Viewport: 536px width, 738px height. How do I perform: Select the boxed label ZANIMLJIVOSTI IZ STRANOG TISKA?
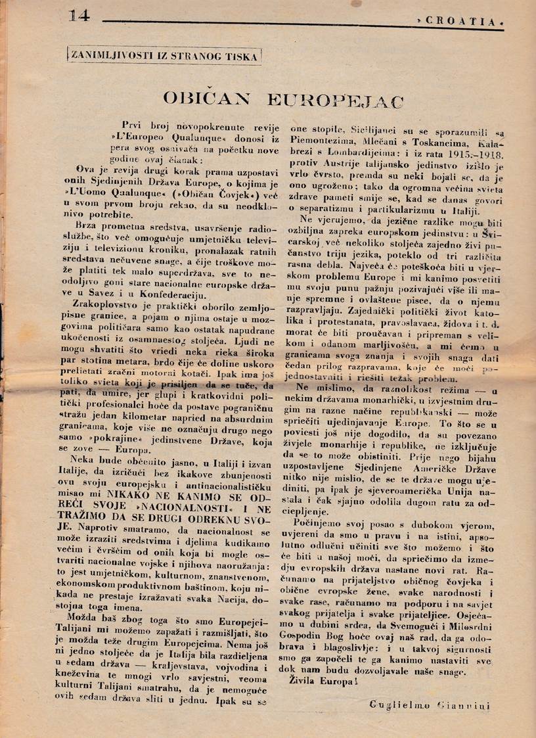[x=164, y=55]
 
